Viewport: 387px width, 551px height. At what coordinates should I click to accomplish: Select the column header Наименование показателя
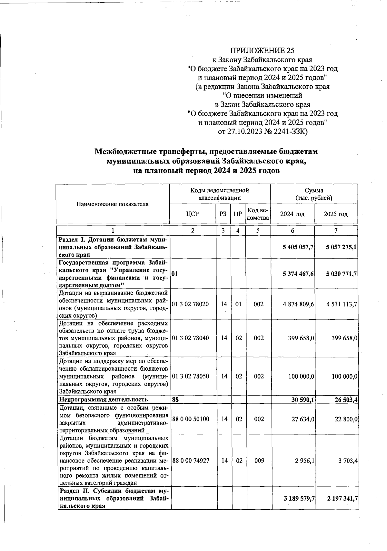pos(112,204)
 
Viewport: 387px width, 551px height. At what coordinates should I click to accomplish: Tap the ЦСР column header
pos(193,214)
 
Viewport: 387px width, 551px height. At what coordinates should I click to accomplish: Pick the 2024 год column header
pos(292,214)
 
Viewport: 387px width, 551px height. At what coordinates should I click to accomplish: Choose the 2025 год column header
pos(335,214)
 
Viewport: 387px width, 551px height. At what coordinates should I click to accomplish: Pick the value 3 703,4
pos(348,461)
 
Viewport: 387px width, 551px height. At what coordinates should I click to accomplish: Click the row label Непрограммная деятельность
pos(104,400)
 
